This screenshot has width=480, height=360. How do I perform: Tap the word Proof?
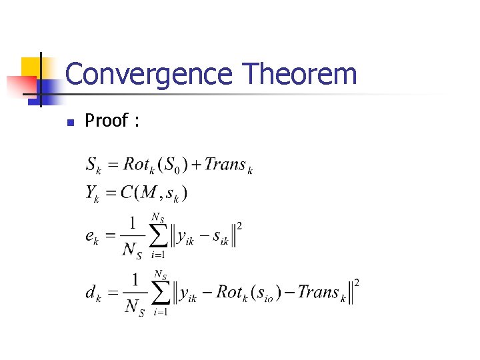pos(106,121)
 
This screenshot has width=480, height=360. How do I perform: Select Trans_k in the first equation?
pos(228,165)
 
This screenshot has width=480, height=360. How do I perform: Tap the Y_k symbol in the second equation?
pos(92,193)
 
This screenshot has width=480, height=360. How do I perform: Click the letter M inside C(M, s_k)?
pos(149,193)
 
